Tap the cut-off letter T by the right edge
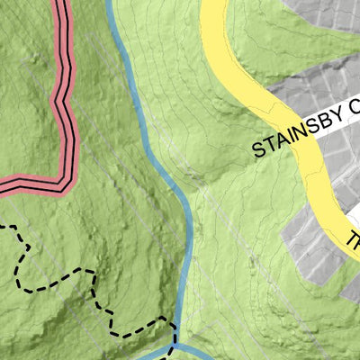coord(354,241)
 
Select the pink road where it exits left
coord(4,187)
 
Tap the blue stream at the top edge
coord(111,4)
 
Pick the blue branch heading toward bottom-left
coord(148,355)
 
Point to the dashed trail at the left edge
coord(4,226)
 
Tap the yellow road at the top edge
coord(212,4)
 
